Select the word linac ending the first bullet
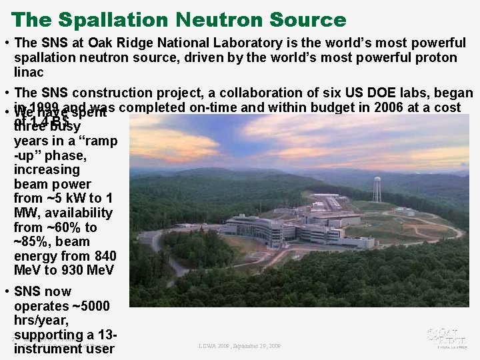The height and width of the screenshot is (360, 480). coord(29,72)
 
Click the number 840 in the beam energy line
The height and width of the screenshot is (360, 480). coord(105,256)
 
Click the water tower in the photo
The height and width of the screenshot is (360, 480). coord(377,188)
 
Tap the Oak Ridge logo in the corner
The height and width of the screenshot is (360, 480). coord(447,337)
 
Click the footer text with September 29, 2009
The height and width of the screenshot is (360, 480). coord(239,346)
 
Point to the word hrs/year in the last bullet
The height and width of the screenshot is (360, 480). coord(41,321)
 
